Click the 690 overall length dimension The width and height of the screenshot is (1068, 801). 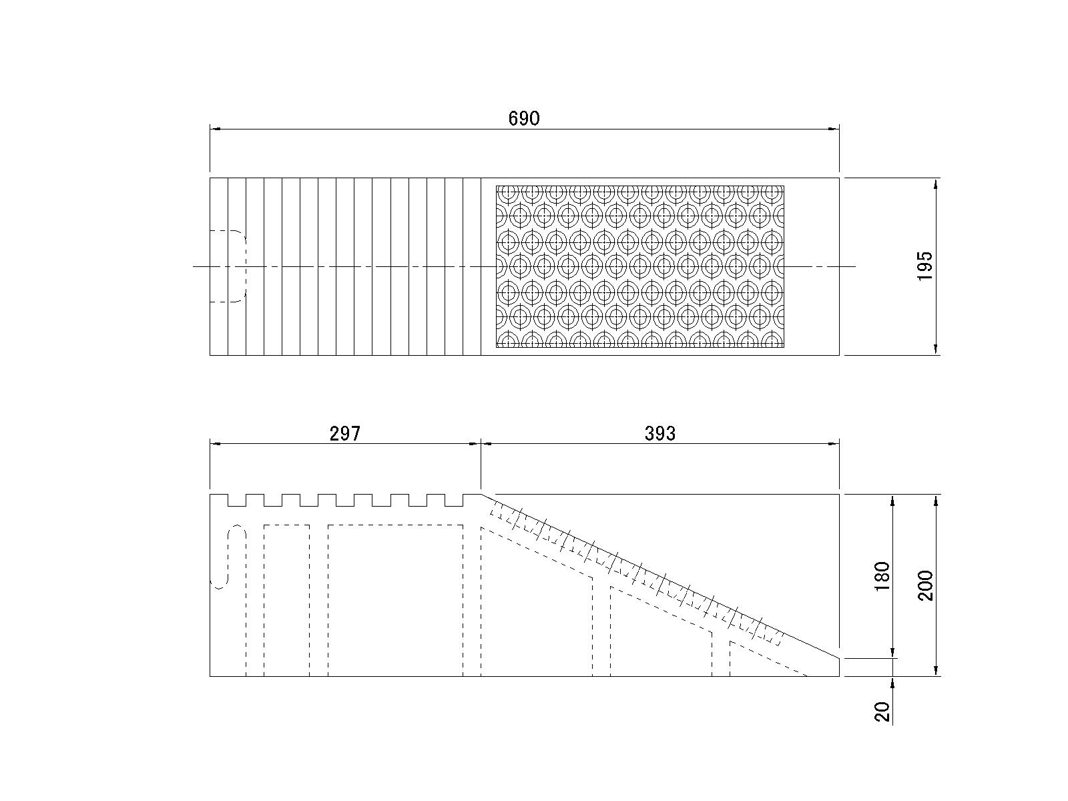[523, 119]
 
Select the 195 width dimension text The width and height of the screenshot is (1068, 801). [924, 266]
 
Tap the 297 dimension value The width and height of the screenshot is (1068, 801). [345, 434]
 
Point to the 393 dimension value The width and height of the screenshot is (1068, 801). [659, 434]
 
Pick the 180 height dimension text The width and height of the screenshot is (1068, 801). [882, 576]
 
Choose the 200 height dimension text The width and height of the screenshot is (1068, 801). [925, 585]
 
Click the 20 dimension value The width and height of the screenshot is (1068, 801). [883, 712]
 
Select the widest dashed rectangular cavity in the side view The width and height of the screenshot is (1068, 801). [395, 599]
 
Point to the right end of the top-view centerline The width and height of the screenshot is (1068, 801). [854, 266]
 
